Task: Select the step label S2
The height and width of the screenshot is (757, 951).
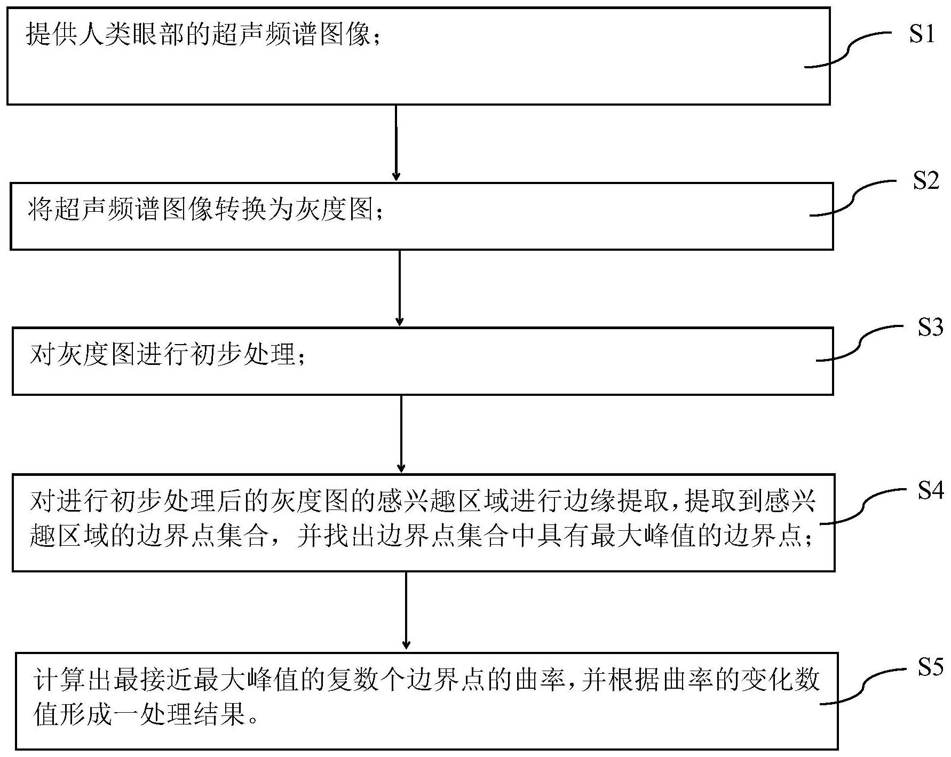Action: tap(926, 181)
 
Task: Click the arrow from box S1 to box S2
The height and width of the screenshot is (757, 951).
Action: tap(396, 142)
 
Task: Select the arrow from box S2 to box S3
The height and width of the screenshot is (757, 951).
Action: tap(399, 288)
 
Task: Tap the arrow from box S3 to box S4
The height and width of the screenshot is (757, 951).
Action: tap(401, 434)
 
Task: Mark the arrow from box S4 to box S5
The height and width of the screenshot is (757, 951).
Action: tap(406, 611)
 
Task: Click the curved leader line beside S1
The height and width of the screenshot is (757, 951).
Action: tap(849, 50)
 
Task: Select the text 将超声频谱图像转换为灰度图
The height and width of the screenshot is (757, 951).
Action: tap(200, 210)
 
